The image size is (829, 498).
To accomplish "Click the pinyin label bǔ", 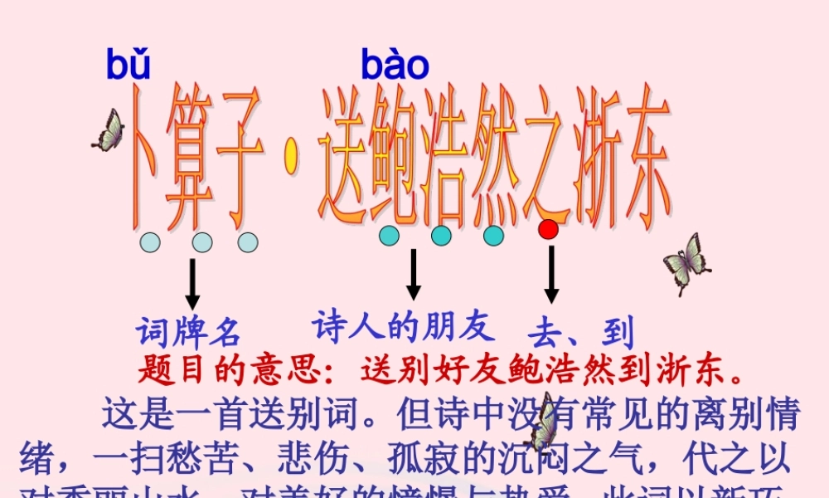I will pyautogui.click(x=128, y=65).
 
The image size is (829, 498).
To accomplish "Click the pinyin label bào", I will pyautogui.click(x=395, y=65).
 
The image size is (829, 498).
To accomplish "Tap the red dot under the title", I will pyautogui.click(x=548, y=230).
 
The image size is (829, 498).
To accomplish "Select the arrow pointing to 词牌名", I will pyautogui.click(x=192, y=284).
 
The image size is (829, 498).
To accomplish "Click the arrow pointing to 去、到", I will pyautogui.click(x=550, y=275).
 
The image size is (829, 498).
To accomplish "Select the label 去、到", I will pyautogui.click(x=580, y=333).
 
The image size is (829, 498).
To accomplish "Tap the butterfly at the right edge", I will pyautogui.click(x=686, y=261).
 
